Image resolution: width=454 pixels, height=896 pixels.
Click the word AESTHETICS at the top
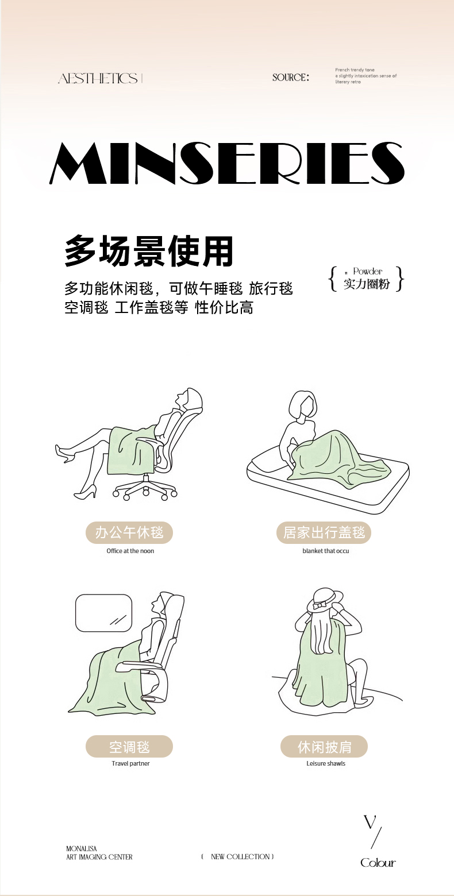pos(98,78)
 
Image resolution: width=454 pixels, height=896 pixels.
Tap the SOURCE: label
pos(291,78)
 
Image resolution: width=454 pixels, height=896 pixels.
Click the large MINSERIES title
pos(227,164)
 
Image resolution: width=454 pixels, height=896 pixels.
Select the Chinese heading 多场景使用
pos(149,251)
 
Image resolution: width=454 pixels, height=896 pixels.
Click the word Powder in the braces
pos(368,271)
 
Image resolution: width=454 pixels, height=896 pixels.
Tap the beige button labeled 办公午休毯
pos(129,533)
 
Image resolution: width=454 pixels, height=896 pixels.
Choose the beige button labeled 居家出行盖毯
pos(324,533)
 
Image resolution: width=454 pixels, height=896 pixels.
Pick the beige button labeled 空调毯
pos(129,747)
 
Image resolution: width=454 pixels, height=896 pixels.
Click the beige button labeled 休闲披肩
pos(324,747)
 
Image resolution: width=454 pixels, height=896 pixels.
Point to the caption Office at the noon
pos(130,551)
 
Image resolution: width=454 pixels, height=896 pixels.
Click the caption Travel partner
pos(130,763)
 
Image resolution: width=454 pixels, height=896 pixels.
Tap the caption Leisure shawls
pos(326,763)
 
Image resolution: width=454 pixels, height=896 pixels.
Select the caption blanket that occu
pos(326,551)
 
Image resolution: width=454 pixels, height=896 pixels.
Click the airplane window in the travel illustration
pos(103,613)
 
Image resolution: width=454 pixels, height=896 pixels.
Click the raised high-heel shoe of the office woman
pos(64,454)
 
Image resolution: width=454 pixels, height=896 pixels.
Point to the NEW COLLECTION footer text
pos(238,856)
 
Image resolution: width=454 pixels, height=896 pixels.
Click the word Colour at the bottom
pos(378,863)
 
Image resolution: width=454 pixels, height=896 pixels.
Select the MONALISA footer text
pos(81,848)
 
